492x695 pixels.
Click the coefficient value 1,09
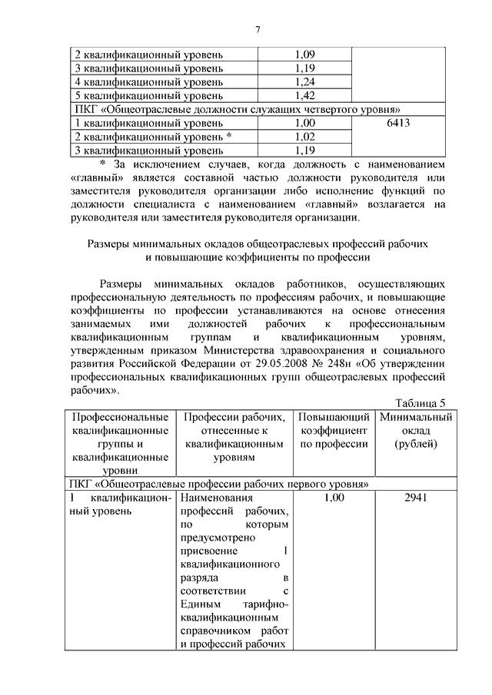coord(304,55)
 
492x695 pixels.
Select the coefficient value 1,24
coord(304,82)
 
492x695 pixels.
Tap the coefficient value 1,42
coord(304,96)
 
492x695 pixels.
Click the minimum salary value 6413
coord(398,123)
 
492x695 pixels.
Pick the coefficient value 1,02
coord(304,137)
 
